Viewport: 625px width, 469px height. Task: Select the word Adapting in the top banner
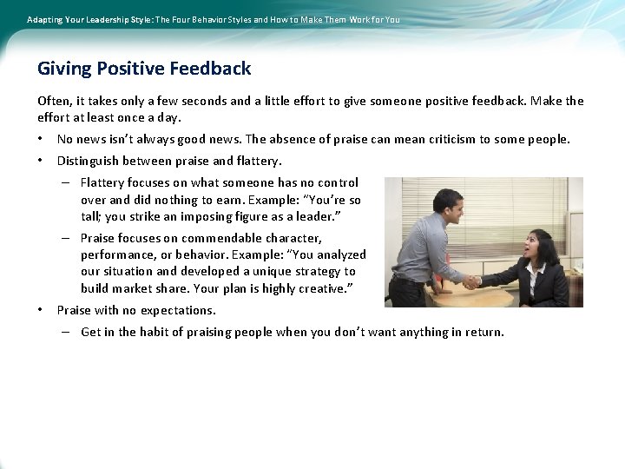point(45,19)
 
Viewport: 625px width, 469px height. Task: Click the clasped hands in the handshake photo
point(471,281)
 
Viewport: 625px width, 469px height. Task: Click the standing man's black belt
point(408,281)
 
